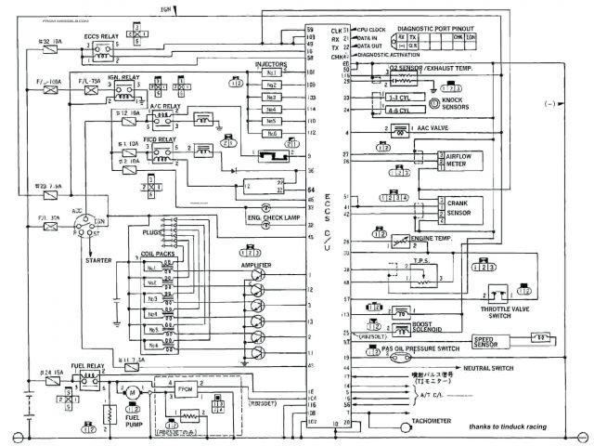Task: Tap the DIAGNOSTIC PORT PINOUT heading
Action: (x=435, y=29)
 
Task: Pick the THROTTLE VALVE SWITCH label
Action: (x=499, y=310)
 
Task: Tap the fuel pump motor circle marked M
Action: (x=133, y=392)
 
